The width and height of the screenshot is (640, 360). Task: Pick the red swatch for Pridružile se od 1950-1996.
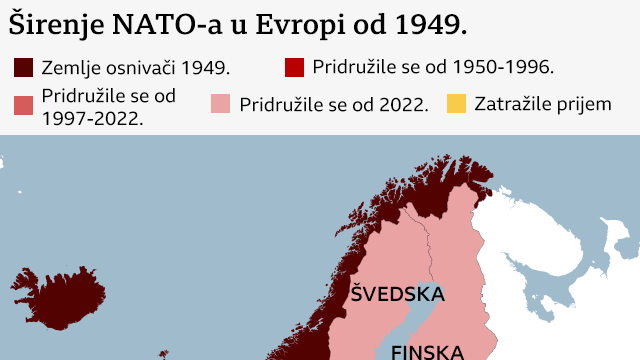(x=294, y=68)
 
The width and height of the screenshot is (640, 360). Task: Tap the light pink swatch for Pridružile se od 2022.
(x=221, y=104)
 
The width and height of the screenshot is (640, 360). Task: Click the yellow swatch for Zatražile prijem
(x=456, y=104)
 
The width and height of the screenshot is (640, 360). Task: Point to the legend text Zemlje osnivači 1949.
(x=136, y=68)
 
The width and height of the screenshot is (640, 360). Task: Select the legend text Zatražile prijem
(x=543, y=103)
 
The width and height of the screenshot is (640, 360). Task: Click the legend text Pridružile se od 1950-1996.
(x=433, y=67)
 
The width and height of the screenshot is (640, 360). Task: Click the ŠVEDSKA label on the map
(x=397, y=294)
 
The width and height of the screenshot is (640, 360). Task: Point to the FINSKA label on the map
(x=427, y=351)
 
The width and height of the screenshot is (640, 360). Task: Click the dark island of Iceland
(x=60, y=299)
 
